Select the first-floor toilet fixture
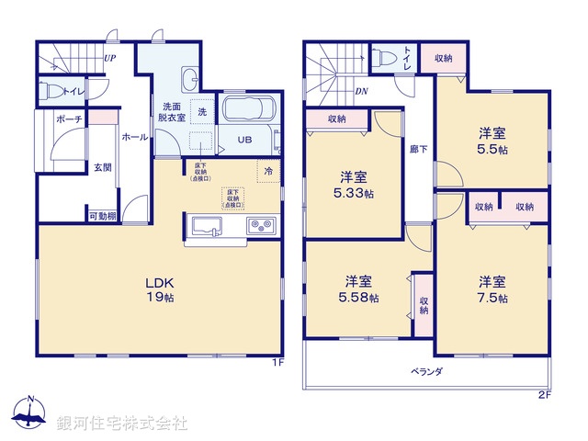tap(55, 91)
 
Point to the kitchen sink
tap(206, 225)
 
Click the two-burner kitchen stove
tap(258, 225)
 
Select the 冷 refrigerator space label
tap(268, 170)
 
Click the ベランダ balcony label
tap(426, 372)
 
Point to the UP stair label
tap(110, 59)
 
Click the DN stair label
tap(362, 91)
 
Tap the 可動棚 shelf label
tap(102, 217)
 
